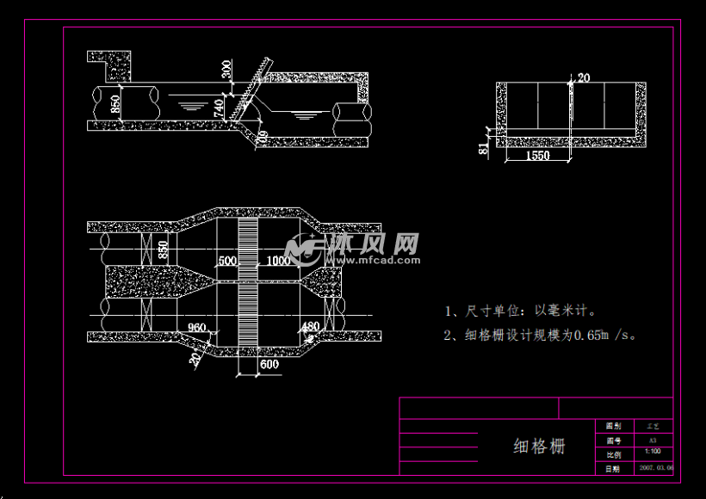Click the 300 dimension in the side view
pos(226,69)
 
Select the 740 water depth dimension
pos(219,108)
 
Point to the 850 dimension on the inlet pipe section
pos(115,107)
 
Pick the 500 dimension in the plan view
pos(226,261)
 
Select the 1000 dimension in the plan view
pos(278,261)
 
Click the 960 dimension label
pos(197,327)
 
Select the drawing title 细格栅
pos(539,446)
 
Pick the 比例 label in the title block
pos(613,454)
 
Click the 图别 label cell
pos(613,426)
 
